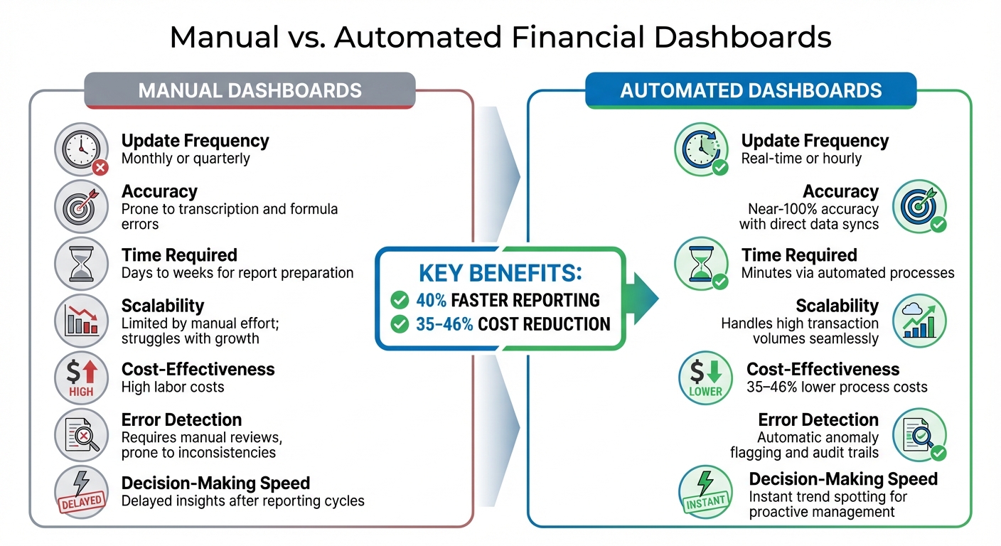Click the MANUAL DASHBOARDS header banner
(x=250, y=90)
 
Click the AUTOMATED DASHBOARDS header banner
(x=751, y=90)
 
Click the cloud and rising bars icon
(x=919, y=321)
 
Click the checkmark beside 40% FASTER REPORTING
(x=400, y=300)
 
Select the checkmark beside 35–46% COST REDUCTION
(x=400, y=324)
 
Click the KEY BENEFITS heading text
(x=500, y=274)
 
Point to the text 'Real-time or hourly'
(x=801, y=159)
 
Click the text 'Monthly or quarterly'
(x=186, y=159)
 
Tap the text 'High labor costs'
(x=173, y=387)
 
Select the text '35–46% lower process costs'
(x=837, y=387)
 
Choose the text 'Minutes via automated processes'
(x=847, y=273)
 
